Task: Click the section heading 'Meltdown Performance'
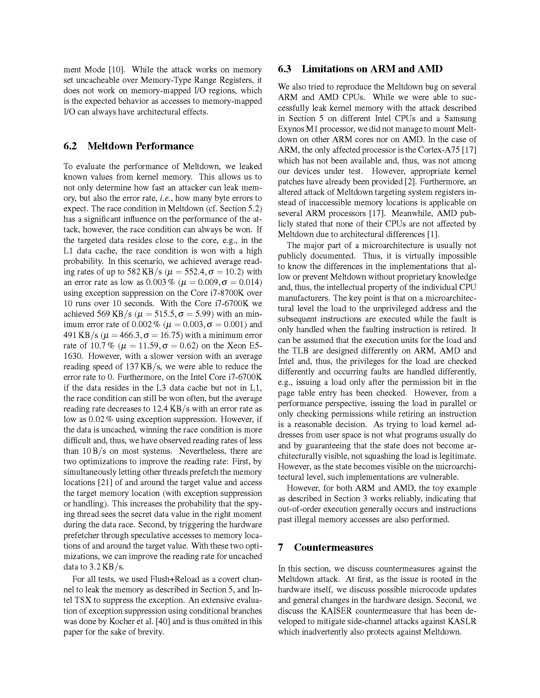(140, 146)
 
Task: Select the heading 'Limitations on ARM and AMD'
(372, 69)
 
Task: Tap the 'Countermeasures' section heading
(333, 548)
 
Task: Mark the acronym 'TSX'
(84, 600)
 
